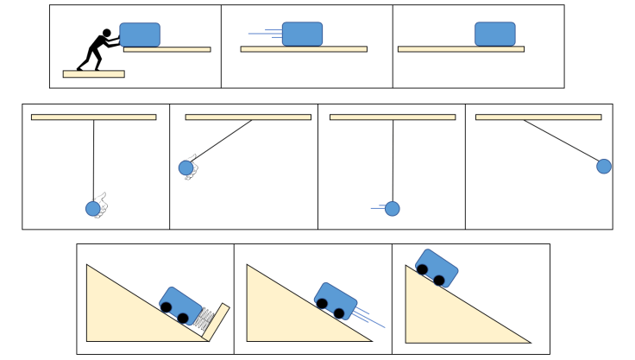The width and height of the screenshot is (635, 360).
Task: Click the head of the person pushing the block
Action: tap(108, 35)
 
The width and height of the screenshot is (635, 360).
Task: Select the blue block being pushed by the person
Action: tap(140, 35)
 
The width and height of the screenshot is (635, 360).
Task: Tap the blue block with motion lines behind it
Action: tap(302, 34)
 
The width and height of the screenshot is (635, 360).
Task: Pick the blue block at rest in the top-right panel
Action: tap(494, 34)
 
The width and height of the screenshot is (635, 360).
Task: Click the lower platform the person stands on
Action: tap(93, 74)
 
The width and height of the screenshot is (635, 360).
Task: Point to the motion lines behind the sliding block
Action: tap(266, 35)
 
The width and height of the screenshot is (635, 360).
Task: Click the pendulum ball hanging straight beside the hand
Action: tap(93, 208)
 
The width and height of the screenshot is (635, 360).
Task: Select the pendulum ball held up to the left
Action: tap(185, 167)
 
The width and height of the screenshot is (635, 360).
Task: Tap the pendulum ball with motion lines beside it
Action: tap(393, 208)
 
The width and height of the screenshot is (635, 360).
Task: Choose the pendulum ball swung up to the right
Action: tap(604, 167)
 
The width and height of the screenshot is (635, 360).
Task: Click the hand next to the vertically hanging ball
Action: tap(103, 204)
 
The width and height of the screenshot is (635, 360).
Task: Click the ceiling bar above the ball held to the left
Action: tap(248, 117)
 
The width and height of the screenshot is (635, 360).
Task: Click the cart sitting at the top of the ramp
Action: tap(437, 266)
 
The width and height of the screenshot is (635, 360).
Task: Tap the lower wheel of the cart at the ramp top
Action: tap(439, 280)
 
